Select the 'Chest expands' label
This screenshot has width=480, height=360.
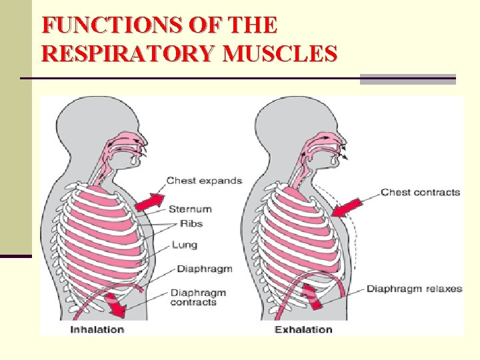coord(204,181)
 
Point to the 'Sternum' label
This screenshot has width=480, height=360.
coord(190,209)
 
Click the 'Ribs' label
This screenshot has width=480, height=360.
coord(191,223)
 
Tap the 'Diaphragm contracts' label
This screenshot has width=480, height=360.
coord(198,297)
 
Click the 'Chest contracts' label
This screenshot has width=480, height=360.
coord(420,193)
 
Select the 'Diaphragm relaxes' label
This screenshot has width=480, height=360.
coord(414,289)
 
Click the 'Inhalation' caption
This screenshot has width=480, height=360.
coord(97,329)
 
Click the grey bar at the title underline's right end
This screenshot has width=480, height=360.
coord(407,79)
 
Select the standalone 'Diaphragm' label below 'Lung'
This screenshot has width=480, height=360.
coord(204,269)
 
